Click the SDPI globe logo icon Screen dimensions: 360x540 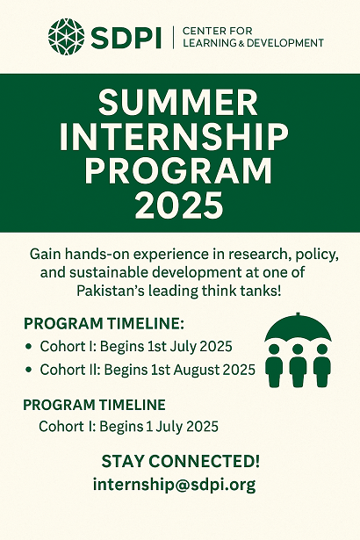pos(66,36)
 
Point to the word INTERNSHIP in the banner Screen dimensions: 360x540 pos(174,137)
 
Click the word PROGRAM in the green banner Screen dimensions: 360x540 pos(178,171)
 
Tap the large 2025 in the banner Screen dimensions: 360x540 pos(178,205)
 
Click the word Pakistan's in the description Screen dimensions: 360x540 pos(108,292)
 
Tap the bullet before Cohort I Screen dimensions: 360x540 pos(29,347)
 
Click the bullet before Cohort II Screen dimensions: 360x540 pos(29,370)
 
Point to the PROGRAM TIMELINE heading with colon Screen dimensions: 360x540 pos(104,324)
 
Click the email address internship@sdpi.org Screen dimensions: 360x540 pos(175,485)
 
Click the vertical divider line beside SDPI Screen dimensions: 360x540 pos(173,37)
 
